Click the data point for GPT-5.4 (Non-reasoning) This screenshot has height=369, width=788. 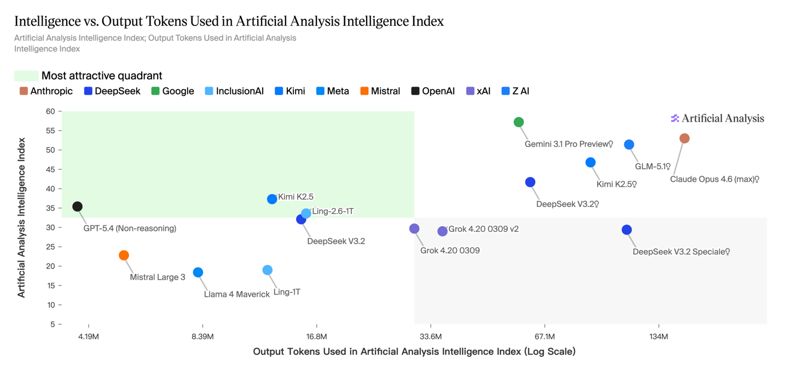click(78, 206)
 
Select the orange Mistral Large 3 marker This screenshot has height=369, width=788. click(124, 255)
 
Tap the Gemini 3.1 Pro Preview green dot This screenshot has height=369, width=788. click(519, 122)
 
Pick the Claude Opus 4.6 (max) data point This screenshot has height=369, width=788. click(685, 139)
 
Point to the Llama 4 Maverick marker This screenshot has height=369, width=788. click(198, 273)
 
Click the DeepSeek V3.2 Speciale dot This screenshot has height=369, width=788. click(627, 230)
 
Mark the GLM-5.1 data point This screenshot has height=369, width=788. click(629, 145)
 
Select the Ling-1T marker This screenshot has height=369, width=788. click(268, 270)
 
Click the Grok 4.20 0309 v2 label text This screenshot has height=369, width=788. click(483, 229)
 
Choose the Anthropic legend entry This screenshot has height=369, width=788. click(47, 91)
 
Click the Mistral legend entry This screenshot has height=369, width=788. click(380, 91)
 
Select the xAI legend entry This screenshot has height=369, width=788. click(478, 91)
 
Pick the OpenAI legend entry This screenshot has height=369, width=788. click(433, 91)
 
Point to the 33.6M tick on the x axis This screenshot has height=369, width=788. click(431, 336)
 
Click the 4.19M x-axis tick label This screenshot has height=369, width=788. click(89, 336)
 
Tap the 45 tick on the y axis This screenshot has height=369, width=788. click(50, 170)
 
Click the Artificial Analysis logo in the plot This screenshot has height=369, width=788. click(717, 118)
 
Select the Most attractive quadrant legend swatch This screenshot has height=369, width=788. click(26, 76)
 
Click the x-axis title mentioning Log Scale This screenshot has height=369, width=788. click(414, 351)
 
